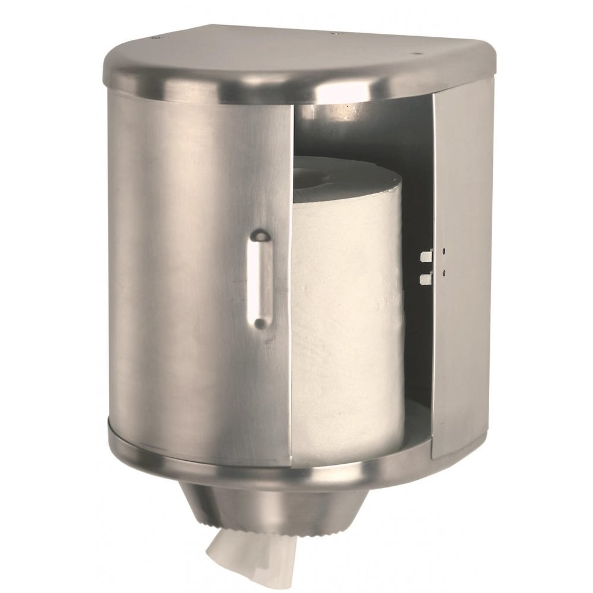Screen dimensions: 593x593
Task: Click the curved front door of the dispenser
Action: click(x=196, y=267)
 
